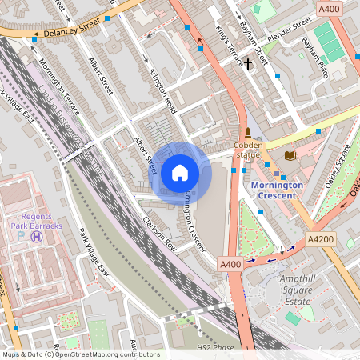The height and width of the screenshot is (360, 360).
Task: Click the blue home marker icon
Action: pyautogui.click(x=180, y=172)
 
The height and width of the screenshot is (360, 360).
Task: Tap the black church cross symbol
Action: pyautogui.click(x=248, y=62)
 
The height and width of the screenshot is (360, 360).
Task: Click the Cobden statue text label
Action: pyautogui.click(x=248, y=150)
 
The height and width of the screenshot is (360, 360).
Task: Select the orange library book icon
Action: pyautogui.click(x=290, y=154)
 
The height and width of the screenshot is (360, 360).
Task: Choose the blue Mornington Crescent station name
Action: pyautogui.click(x=277, y=190)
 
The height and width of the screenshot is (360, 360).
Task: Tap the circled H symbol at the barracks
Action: pyautogui.click(x=37, y=236)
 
